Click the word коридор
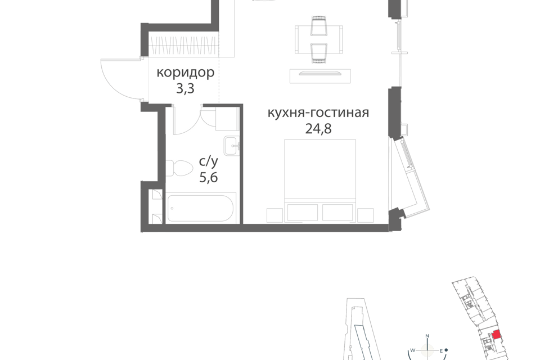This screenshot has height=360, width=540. tap(185, 73)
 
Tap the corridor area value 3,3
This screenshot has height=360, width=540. tap(185, 89)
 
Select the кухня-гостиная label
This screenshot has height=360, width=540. tap(318, 112)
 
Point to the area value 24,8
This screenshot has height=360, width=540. tap(318, 128)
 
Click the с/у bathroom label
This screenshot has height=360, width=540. tap(209, 161)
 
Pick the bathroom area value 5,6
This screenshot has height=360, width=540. tap(209, 177)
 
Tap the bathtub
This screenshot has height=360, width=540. tap(201, 208)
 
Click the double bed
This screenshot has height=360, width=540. tap(320, 180)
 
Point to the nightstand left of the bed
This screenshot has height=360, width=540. tap(275, 215)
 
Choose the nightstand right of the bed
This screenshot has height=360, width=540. tap(366, 215)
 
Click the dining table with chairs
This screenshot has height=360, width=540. tap(319, 39)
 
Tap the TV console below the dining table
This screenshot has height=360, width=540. tap(320, 76)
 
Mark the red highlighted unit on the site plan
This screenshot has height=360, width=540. tap(496, 335)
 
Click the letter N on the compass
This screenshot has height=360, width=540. tap(427, 336)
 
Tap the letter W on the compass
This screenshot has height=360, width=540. tap(412, 350)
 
